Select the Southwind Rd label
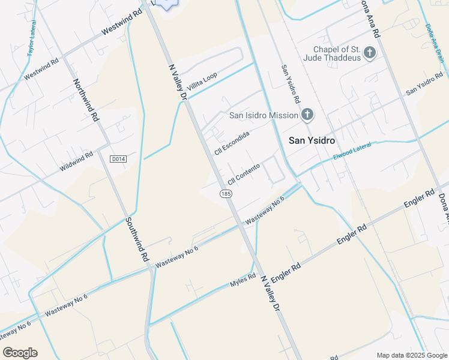point(137,238)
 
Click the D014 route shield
point(118,158)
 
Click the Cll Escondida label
point(231,142)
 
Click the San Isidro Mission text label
point(264,115)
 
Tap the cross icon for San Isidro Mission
point(307,115)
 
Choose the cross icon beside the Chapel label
point(370,53)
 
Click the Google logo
point(20,353)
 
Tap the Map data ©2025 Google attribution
point(412,355)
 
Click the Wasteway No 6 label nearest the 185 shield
point(264,212)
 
